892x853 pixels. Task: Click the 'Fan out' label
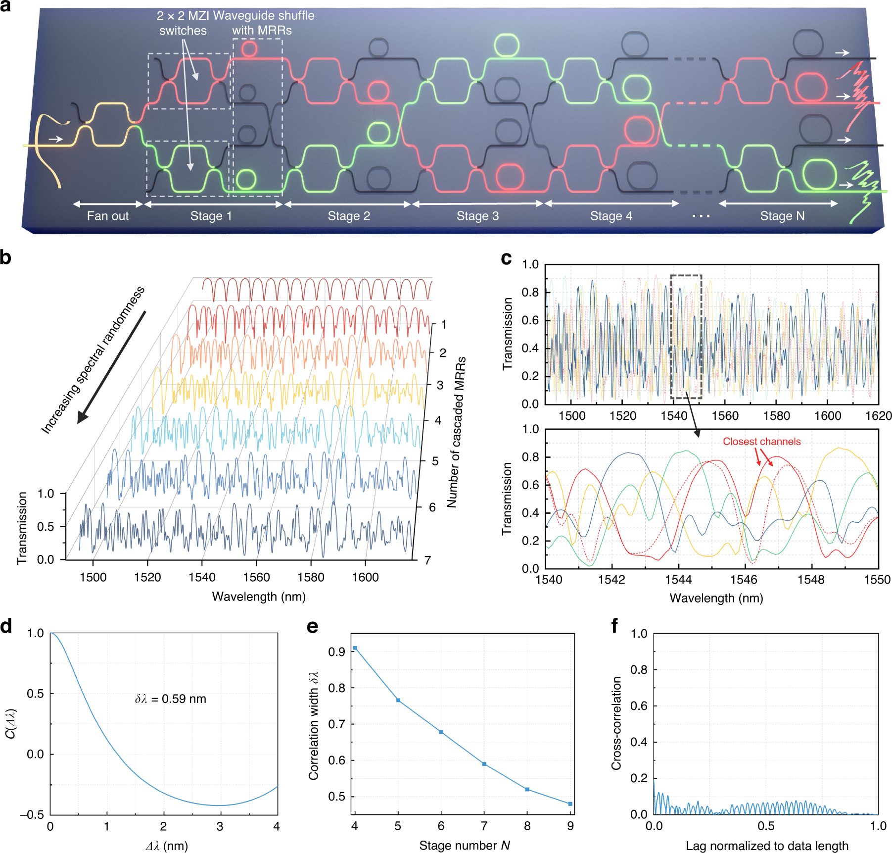pyautogui.click(x=107, y=216)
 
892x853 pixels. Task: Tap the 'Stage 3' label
pyautogui.click(x=477, y=216)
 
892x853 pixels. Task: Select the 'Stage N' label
pyautogui.click(x=782, y=216)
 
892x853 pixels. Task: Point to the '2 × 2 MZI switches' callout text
pyautogui.click(x=183, y=23)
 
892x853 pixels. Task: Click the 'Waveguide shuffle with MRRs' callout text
pyautogui.click(x=263, y=23)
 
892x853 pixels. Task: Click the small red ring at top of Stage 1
pyautogui.click(x=249, y=49)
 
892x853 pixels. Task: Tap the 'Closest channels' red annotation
pyautogui.click(x=761, y=442)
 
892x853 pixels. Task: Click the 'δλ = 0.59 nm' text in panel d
pyautogui.click(x=171, y=699)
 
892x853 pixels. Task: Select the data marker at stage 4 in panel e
pyautogui.click(x=355, y=648)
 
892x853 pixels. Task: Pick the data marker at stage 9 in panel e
pyautogui.click(x=570, y=804)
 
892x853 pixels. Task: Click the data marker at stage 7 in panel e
pyautogui.click(x=484, y=764)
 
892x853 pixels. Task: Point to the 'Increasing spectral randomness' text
pyautogui.click(x=93, y=360)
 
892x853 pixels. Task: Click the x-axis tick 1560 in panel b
pyautogui.click(x=256, y=577)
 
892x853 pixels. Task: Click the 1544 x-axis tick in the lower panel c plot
pyautogui.click(x=678, y=579)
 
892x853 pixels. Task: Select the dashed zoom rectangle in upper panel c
pyautogui.click(x=686, y=337)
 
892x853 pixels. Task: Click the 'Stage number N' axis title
pyautogui.click(x=464, y=846)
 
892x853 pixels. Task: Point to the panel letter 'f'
pyautogui.click(x=614, y=626)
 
